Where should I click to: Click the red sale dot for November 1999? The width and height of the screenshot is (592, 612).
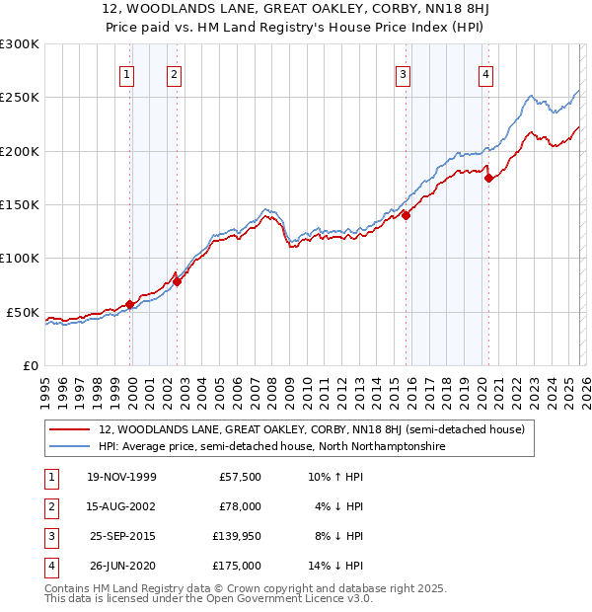pos(129,304)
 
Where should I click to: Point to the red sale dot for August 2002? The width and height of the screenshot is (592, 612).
pos(177,281)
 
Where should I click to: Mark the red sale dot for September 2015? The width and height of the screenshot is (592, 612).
pos(406,216)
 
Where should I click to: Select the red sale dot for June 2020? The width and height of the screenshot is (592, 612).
pos(488,178)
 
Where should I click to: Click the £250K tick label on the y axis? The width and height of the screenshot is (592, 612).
pos(20,98)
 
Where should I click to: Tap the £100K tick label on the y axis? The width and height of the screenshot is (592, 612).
pos(20,259)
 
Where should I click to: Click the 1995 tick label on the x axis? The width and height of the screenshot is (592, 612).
pos(44,392)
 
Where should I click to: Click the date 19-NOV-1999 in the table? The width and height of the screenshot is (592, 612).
pos(122,477)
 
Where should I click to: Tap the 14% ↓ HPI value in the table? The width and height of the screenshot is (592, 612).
pos(335,566)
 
